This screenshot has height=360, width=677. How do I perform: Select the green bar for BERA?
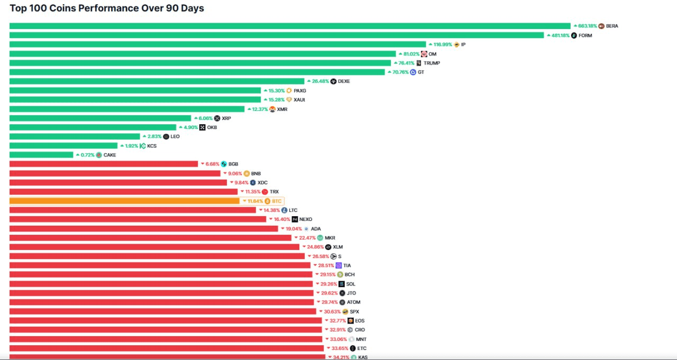290,26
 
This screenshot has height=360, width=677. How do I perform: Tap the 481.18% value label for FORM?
561,35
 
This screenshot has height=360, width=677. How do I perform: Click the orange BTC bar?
124,201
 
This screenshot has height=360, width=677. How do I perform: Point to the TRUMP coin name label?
432,63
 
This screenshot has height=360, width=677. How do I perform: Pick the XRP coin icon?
217,118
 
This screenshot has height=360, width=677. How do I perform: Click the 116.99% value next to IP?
443,44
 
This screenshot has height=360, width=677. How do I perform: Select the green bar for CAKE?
41,155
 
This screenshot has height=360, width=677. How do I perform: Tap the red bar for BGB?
104,164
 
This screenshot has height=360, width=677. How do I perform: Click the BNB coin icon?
246,173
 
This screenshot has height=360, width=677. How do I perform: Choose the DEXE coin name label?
344,81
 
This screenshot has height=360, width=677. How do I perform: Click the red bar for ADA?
143,228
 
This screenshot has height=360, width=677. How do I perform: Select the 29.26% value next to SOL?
328,284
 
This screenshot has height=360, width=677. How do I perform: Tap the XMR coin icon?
272,109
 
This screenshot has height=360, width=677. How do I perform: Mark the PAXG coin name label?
300,90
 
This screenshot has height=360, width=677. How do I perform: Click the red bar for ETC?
167,348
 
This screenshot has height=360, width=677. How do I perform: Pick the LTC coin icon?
285,210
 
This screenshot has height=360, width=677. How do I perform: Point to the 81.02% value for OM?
411,54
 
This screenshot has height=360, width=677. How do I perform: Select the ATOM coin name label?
353,302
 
